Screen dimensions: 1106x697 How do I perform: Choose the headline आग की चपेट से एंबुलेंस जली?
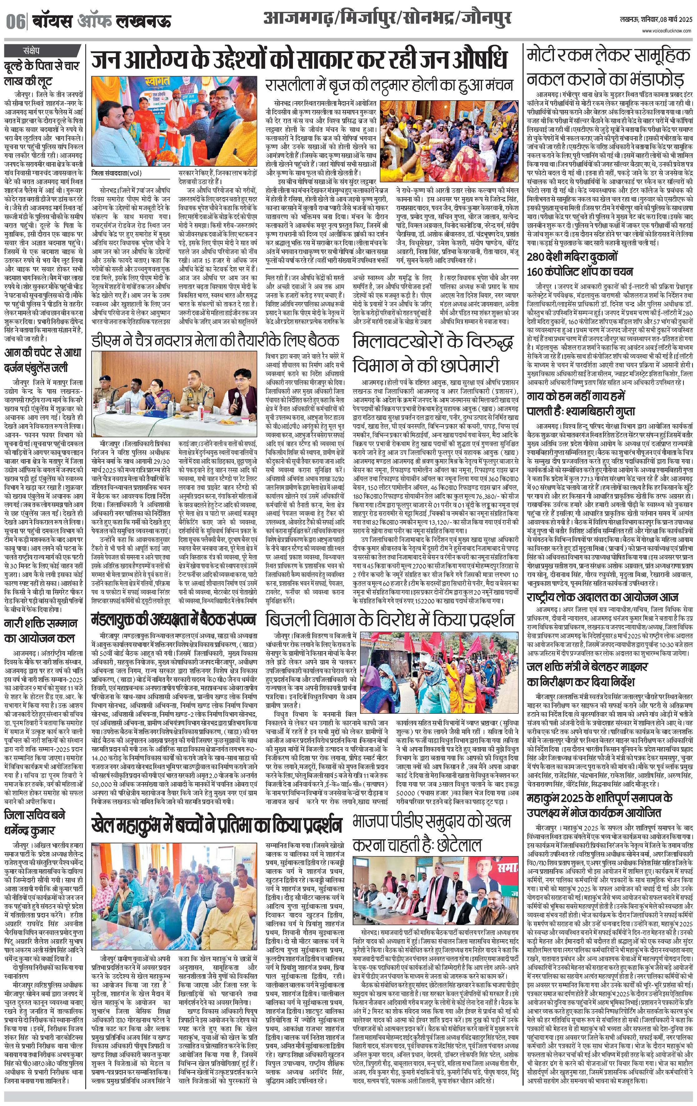click(42, 360)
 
